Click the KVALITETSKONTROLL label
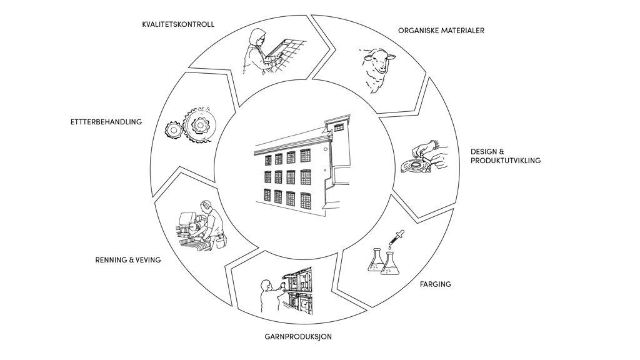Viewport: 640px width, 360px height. (178, 24)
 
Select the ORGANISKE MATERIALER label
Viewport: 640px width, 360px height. (441, 31)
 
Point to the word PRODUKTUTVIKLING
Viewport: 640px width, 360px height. (506, 161)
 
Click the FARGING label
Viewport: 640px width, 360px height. (436, 284)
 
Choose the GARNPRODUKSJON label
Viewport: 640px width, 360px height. (298, 337)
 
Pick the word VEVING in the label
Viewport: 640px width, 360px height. (146, 260)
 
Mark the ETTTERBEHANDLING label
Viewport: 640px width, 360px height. (106, 122)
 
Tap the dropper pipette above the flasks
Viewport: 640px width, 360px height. (394, 241)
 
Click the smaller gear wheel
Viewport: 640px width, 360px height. (173, 129)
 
